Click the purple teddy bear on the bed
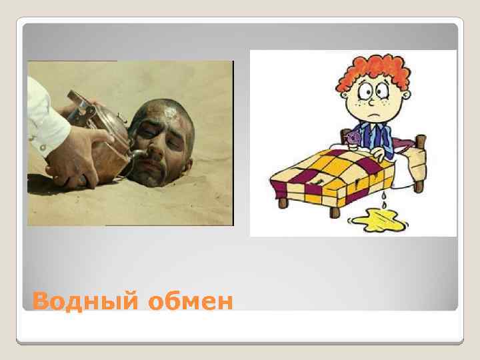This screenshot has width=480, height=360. pyautogui.click(x=352, y=138)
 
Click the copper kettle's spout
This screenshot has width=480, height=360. pyautogui.click(x=136, y=153)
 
